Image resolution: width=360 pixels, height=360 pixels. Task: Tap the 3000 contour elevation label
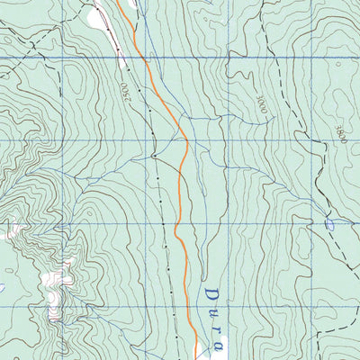(x=262, y=105)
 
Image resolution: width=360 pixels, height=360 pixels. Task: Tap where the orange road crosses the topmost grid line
(x=142, y=58)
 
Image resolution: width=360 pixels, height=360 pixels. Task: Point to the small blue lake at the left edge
(x=3, y=288)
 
